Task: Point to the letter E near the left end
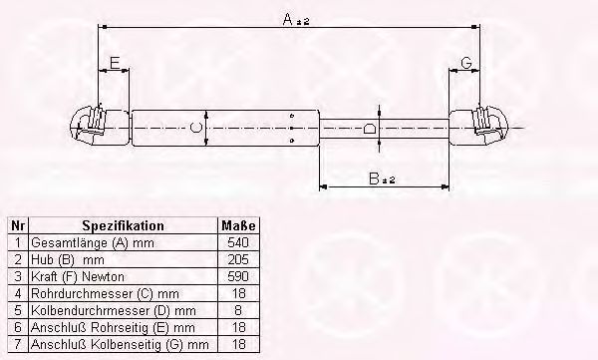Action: pyautogui.click(x=116, y=64)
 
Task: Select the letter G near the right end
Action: pyautogui.click(x=465, y=64)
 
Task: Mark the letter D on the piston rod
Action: pyautogui.click(x=369, y=129)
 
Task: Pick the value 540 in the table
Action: pyautogui.click(x=238, y=241)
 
